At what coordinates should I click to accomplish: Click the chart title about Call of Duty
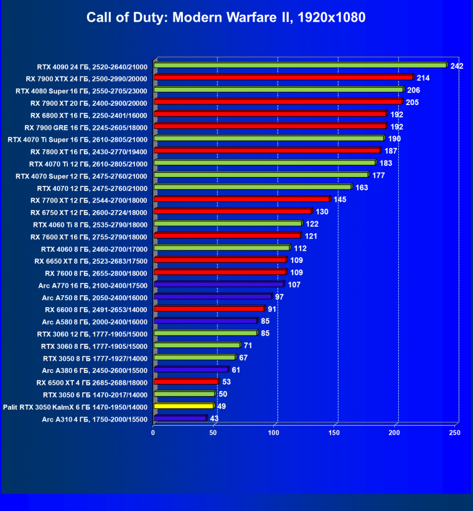(x=226, y=17)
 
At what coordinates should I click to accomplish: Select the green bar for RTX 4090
(x=300, y=65)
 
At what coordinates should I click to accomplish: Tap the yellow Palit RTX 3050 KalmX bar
(x=184, y=407)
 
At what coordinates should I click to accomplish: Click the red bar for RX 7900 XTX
(x=283, y=77)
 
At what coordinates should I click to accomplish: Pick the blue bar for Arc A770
(x=218, y=284)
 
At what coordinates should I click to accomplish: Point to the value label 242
(x=457, y=66)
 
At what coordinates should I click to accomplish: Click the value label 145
(x=340, y=200)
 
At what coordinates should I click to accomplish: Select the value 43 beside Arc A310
(x=214, y=419)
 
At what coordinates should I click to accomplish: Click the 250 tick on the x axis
(x=455, y=433)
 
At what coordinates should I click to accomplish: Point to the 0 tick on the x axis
(x=153, y=433)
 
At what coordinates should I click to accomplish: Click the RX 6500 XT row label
(x=91, y=382)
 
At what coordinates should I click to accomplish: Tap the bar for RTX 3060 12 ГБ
(x=205, y=333)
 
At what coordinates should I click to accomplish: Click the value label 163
(x=362, y=187)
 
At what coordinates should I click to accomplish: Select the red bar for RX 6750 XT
(x=232, y=211)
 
